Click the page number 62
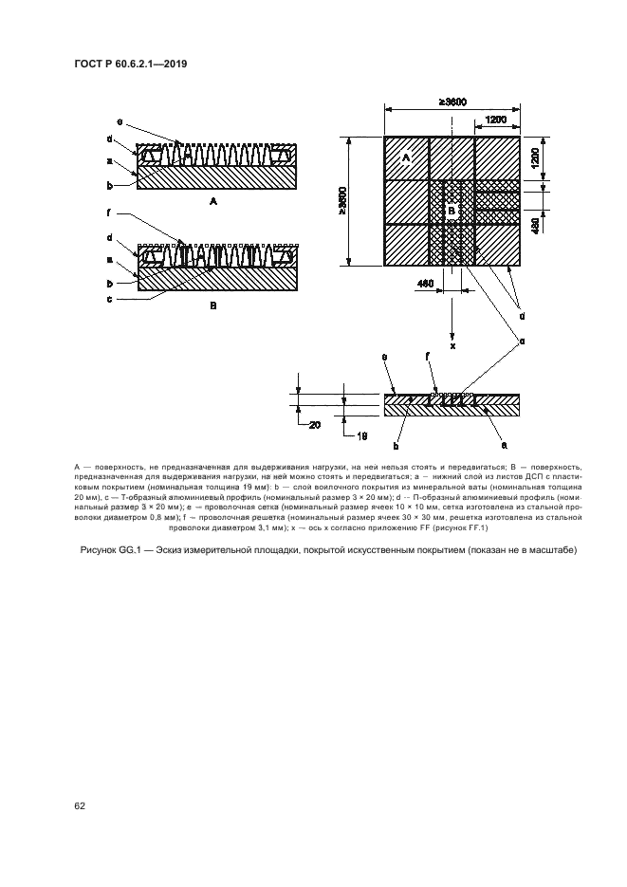click(x=80, y=806)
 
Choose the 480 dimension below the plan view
click(x=427, y=283)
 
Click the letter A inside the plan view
click(x=405, y=156)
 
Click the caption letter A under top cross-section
click(x=213, y=202)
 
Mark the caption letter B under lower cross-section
click(x=213, y=306)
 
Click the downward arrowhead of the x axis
click(x=452, y=333)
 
